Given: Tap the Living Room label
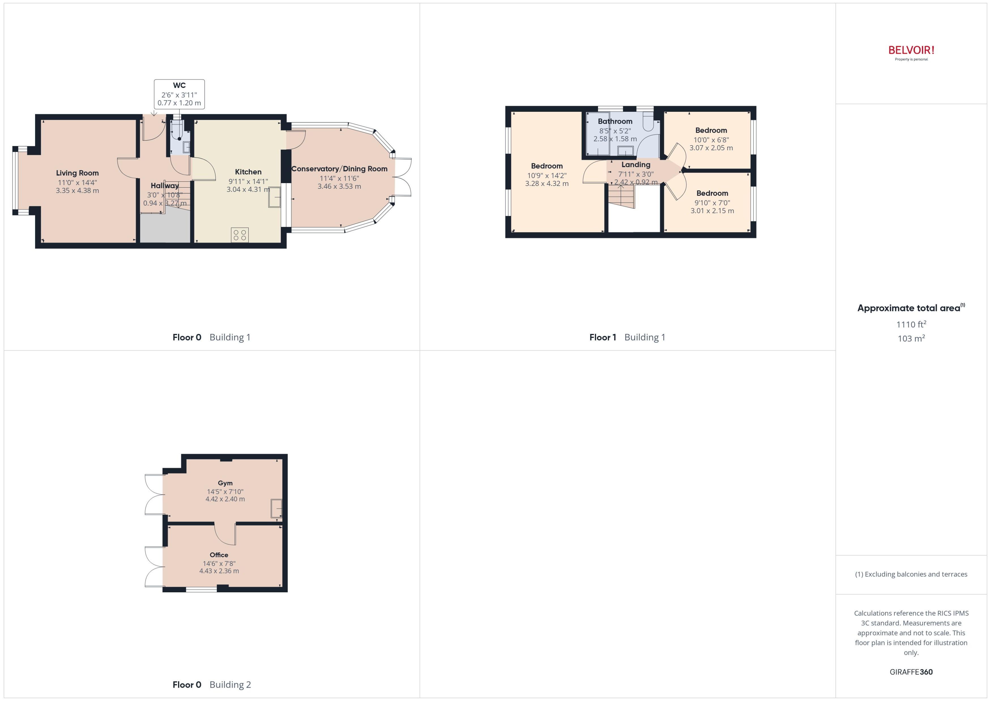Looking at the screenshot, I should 77,173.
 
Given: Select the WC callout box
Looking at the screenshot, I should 179,94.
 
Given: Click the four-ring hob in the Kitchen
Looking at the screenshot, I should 240,235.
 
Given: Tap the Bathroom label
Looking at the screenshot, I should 615,121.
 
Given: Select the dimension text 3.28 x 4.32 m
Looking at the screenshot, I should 547,183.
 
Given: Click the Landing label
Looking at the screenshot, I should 636,164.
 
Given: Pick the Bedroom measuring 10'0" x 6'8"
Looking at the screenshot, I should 711,130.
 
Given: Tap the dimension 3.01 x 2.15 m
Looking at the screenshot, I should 712,211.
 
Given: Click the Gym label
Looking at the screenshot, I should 225,483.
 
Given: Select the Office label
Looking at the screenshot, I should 219,555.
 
